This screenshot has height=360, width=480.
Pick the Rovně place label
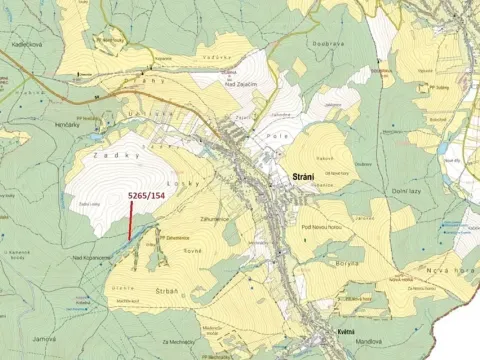192,253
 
